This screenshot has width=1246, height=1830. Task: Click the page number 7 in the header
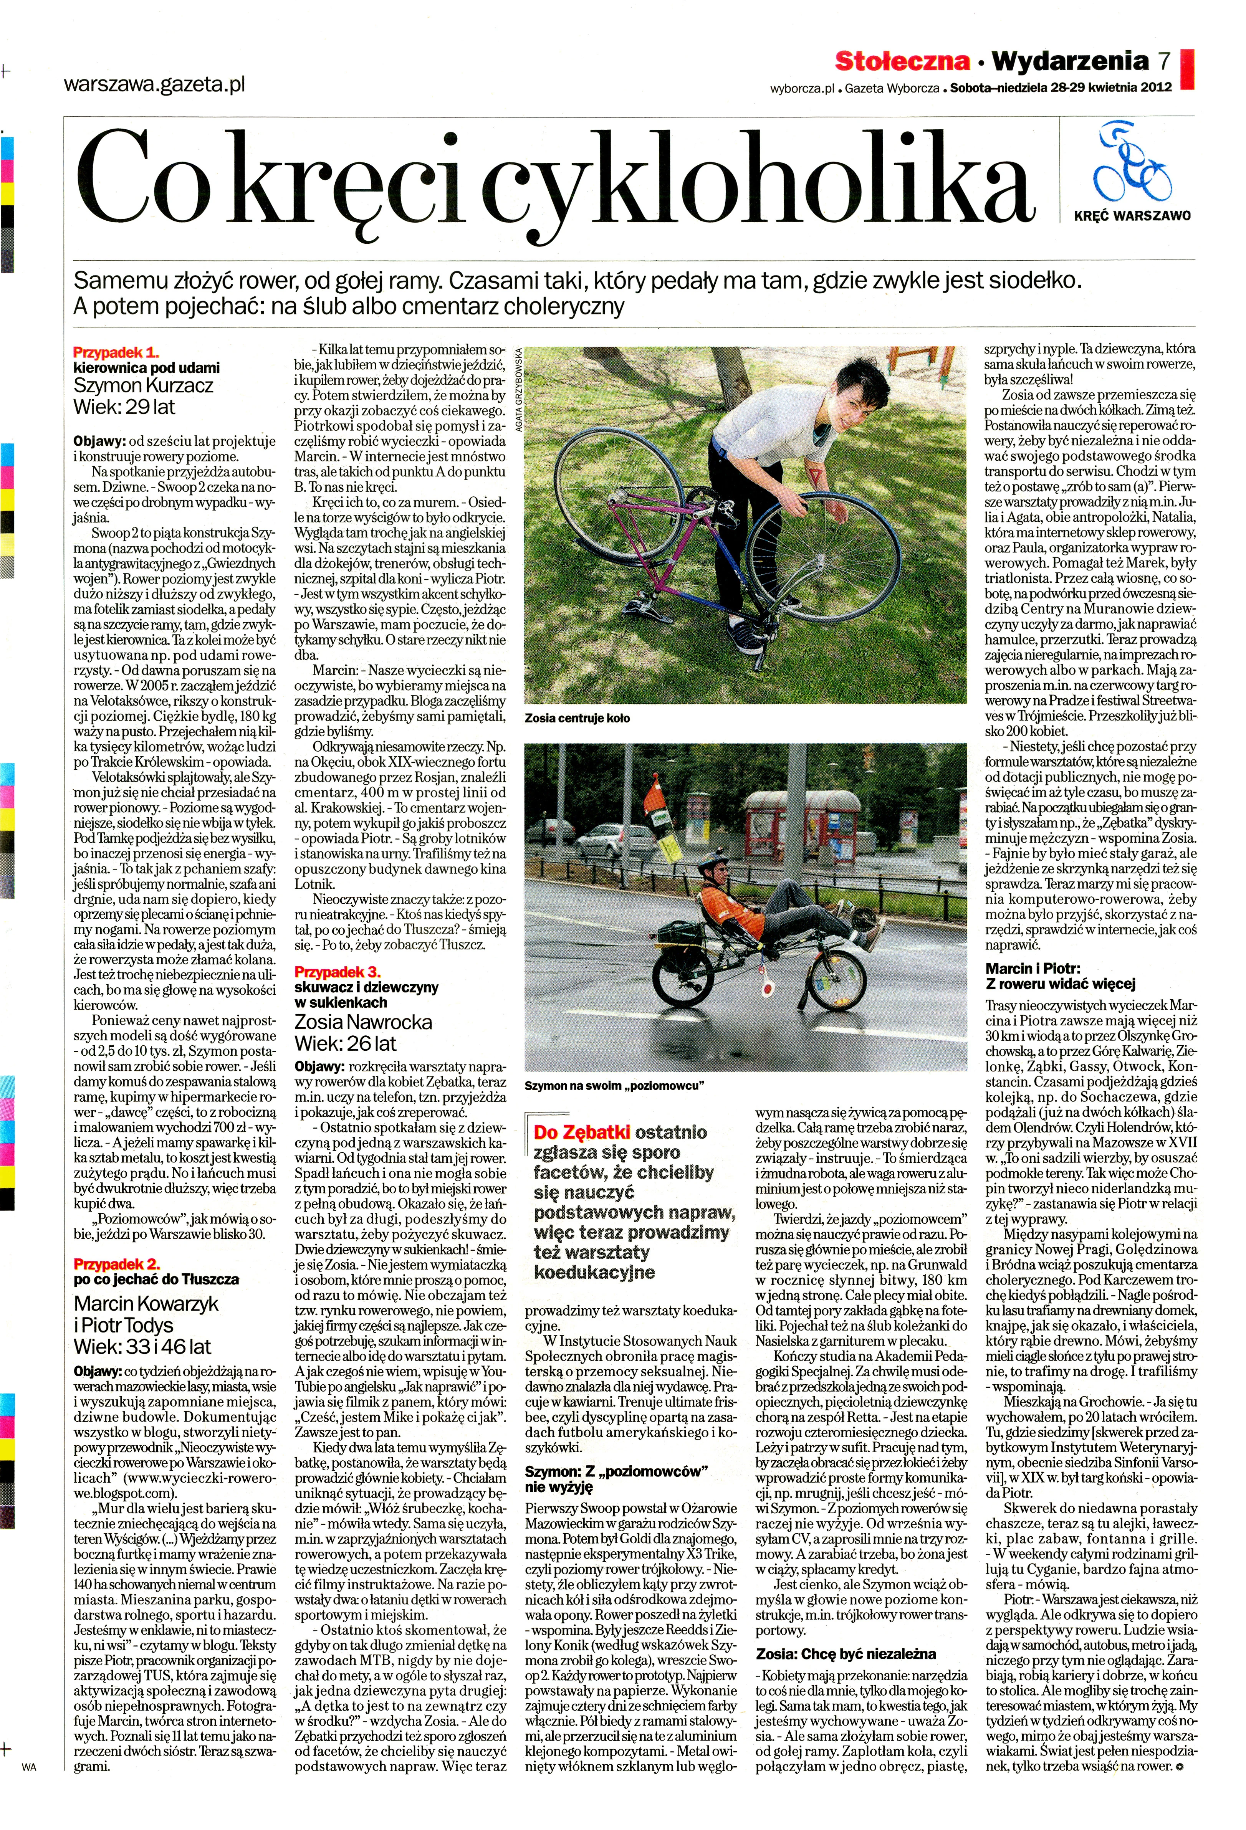pyautogui.click(x=1164, y=61)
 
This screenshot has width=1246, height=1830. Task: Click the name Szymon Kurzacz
pyautogui.click(x=143, y=386)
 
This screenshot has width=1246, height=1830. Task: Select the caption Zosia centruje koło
pyautogui.click(x=576, y=718)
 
